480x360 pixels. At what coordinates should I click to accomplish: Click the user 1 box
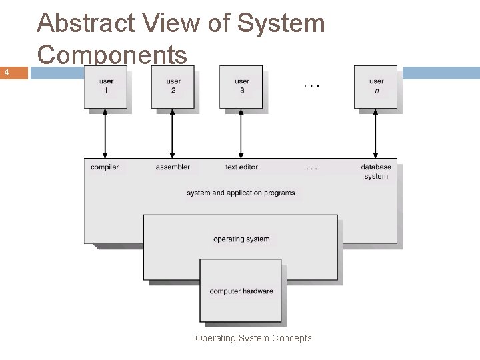click(x=106, y=87)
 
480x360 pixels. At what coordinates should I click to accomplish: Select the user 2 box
click(x=173, y=87)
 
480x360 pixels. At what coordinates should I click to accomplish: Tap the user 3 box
click(x=241, y=87)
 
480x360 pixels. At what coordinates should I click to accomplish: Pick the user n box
click(x=376, y=87)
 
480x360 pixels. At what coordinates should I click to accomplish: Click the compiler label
click(x=105, y=167)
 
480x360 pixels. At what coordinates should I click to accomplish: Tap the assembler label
click(x=173, y=167)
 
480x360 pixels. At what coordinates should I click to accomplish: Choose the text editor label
click(x=241, y=167)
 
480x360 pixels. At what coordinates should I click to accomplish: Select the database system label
click(x=376, y=171)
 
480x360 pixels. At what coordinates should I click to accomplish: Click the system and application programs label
click(x=241, y=193)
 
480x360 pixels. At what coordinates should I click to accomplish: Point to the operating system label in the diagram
click(x=241, y=239)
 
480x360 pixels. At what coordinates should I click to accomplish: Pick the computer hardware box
click(x=241, y=291)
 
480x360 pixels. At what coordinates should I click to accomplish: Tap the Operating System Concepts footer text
click(x=253, y=338)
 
